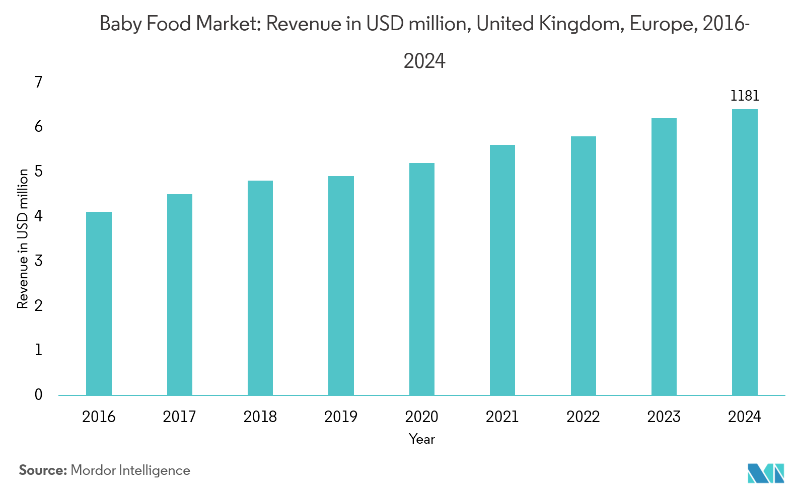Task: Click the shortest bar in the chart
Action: pos(99,303)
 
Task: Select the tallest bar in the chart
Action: pos(745,252)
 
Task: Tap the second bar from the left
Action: pos(180,294)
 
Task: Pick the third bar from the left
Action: pos(260,288)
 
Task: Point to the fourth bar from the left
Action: pos(341,285)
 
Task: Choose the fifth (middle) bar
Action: pos(422,279)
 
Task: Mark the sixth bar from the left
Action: pos(502,270)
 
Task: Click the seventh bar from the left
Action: pos(584,266)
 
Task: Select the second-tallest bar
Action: pos(664,257)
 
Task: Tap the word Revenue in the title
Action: pos(304,24)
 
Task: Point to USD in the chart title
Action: pos(385,24)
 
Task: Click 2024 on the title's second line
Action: pos(424,61)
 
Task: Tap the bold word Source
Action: pos(43,470)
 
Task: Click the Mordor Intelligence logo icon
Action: pos(766,473)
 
